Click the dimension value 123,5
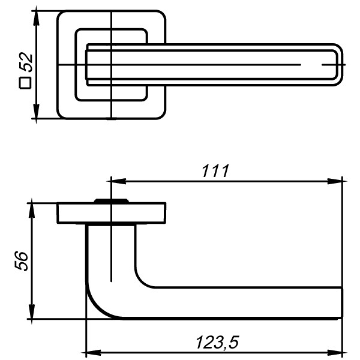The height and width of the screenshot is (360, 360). tap(217, 343)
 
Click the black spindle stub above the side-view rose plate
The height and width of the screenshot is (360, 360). tap(111, 200)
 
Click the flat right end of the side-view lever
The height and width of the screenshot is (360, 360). tap(341, 302)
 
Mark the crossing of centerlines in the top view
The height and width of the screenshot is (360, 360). tap(112, 64)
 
